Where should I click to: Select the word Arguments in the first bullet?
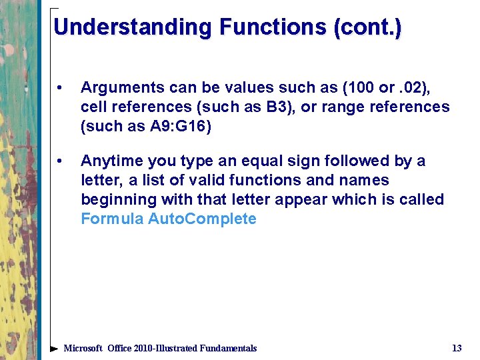click(117, 88)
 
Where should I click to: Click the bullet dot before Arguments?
click(60, 88)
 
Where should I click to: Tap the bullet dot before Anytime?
click(60, 161)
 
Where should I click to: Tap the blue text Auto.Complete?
click(202, 219)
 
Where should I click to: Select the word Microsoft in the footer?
click(83, 348)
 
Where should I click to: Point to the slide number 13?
click(457, 348)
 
